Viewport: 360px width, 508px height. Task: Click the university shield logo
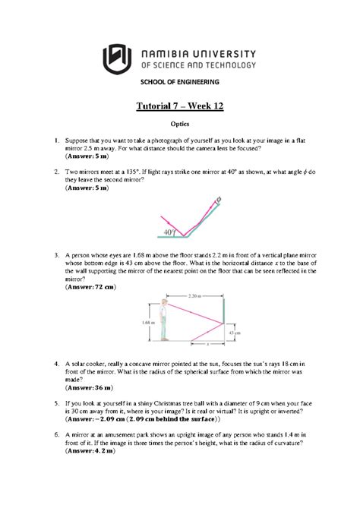click(116, 55)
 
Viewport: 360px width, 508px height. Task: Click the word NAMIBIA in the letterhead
click(167, 50)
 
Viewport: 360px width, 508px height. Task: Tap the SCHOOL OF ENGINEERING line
click(179, 82)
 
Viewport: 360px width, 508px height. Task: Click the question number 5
click(56, 402)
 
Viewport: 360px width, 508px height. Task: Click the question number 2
click(56, 172)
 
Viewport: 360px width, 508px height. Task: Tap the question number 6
click(56, 434)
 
